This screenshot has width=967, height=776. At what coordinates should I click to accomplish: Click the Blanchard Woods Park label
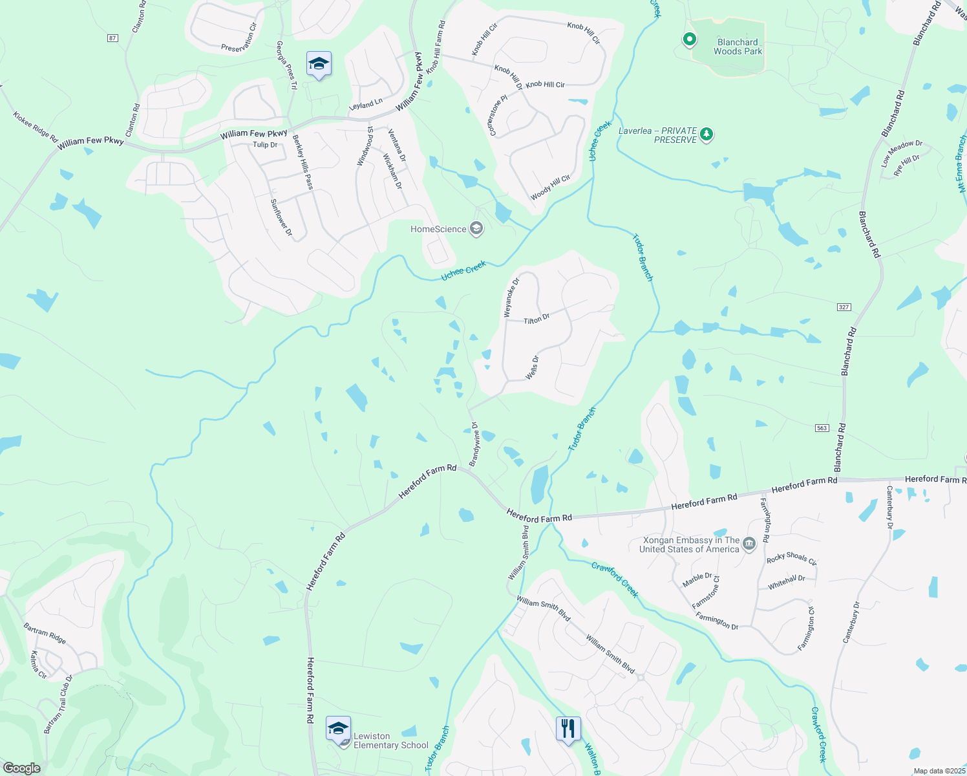(x=738, y=47)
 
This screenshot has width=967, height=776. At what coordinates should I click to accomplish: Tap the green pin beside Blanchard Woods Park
(x=690, y=40)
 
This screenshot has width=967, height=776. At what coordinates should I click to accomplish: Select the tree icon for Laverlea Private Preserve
(x=707, y=135)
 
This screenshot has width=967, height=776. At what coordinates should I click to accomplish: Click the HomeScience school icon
(x=476, y=229)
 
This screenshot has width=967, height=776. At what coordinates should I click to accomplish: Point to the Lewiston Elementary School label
(x=390, y=740)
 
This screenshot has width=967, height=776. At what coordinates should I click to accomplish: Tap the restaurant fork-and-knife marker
(x=568, y=729)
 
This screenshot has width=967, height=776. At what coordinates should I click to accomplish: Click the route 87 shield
(x=113, y=38)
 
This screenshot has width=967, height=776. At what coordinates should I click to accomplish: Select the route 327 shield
(x=844, y=307)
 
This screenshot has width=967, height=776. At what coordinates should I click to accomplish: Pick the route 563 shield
(x=822, y=428)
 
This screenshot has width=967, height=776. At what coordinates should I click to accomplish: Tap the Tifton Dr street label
(x=537, y=319)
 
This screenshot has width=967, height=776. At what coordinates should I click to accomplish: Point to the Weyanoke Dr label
(x=511, y=297)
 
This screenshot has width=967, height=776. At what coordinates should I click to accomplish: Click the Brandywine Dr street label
(x=474, y=444)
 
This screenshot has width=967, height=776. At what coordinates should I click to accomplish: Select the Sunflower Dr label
(x=281, y=217)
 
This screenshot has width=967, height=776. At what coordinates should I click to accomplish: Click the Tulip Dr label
(x=265, y=145)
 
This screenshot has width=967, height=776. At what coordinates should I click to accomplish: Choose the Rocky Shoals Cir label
(x=791, y=559)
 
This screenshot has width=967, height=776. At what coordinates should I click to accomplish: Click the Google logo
(x=21, y=768)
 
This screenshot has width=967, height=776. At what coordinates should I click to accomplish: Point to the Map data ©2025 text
(x=939, y=771)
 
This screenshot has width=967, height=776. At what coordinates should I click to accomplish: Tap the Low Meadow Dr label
(x=902, y=153)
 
